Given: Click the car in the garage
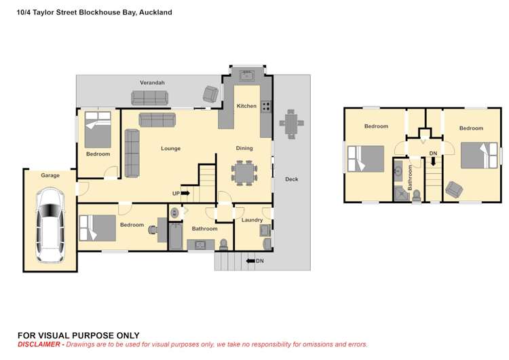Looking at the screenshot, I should (50, 225).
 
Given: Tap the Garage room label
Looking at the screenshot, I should (50, 175).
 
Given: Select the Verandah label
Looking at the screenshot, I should (152, 83).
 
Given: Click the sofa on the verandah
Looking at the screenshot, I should (153, 98).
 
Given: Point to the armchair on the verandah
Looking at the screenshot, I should (211, 94).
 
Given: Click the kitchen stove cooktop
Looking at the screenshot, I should (267, 106).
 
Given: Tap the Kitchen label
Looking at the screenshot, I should (246, 106).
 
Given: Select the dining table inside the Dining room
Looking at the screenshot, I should (244, 172).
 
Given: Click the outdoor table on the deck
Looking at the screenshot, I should (290, 124).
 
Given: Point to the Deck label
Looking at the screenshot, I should (291, 179).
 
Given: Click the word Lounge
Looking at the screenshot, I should (170, 148).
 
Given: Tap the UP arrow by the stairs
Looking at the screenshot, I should (185, 194).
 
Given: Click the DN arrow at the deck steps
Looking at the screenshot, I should (250, 261).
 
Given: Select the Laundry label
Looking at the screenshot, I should (252, 220).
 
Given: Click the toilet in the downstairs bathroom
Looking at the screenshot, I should (223, 244).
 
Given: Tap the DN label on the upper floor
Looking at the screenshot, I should (433, 154).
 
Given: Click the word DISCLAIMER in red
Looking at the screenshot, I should (40, 344).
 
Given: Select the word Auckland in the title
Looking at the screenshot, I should (155, 12).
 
